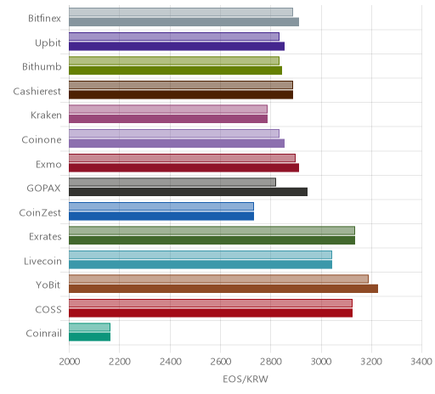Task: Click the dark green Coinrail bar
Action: click(89, 337)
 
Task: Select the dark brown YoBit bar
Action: click(223, 289)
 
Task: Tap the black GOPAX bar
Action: click(188, 192)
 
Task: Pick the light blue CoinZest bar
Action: click(161, 206)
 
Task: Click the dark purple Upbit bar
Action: click(177, 46)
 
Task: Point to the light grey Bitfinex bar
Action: click(181, 12)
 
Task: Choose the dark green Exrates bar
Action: click(212, 240)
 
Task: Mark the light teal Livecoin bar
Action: click(201, 255)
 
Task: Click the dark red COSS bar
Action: click(211, 312)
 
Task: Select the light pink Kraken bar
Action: click(168, 110)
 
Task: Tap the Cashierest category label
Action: click(37, 91)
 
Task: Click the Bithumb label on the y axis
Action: click(42, 67)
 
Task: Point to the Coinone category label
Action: click(42, 139)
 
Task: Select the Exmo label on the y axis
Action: click(48, 164)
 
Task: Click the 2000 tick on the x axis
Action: click(70, 362)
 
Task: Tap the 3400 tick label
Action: click(421, 362)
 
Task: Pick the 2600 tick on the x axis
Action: click(221, 362)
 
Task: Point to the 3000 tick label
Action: click(321, 362)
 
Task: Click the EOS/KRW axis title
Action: click(246, 379)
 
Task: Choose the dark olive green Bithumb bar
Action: click(175, 70)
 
